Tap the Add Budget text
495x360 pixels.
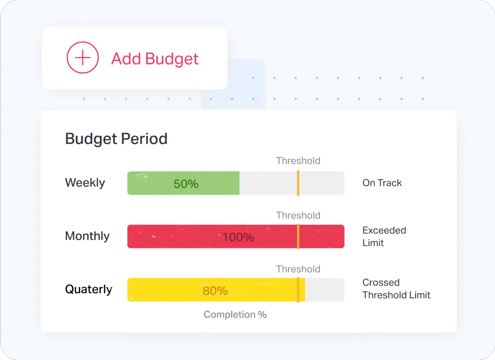coord(155,59)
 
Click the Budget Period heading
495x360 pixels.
coord(116,139)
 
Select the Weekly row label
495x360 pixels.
coord(85,183)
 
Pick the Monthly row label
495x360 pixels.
coord(87,236)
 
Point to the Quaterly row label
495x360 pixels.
coord(89,289)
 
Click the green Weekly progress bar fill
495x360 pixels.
coord(184,183)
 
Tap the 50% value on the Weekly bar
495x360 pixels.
coord(186,184)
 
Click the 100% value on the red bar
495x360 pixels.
coord(238,237)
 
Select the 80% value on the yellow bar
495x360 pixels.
coord(215,291)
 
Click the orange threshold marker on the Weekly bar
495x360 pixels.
coord(298,183)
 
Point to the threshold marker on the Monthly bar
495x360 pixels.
coord(298,237)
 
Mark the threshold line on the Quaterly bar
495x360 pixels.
coord(298,289)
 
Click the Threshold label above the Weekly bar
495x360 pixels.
coord(298,161)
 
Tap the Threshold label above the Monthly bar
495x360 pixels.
coord(298,215)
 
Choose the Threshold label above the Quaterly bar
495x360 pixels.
coord(298,269)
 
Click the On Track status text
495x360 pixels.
coord(382,183)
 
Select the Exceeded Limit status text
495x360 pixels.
coord(384,237)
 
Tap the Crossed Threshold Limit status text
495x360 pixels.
coord(396,289)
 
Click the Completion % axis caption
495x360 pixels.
coord(235,315)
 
